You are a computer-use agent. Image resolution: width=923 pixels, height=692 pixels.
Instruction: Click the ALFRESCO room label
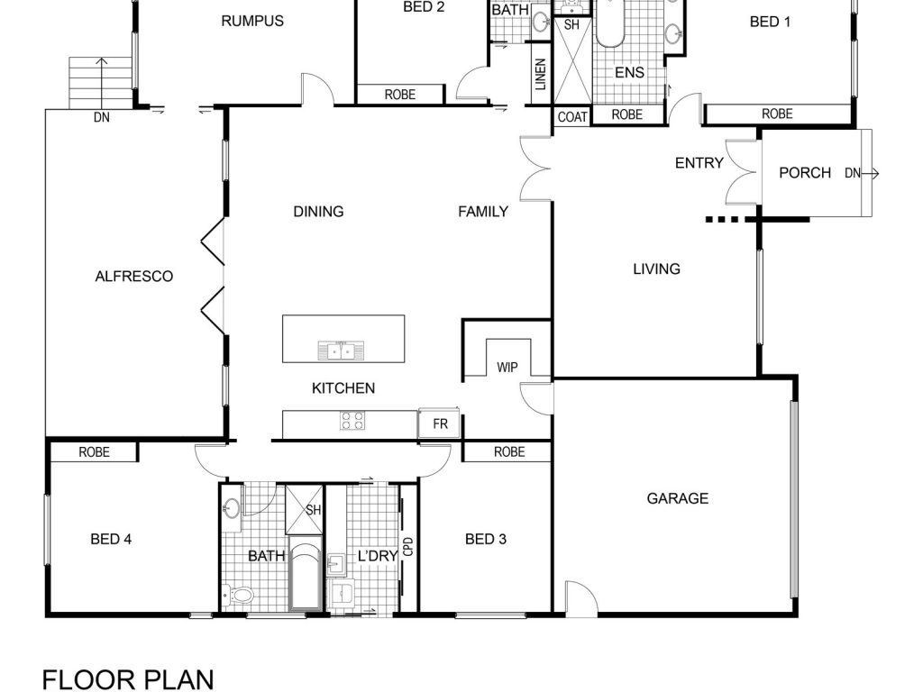(x=134, y=276)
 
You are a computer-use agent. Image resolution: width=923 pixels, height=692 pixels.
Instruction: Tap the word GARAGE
(x=678, y=498)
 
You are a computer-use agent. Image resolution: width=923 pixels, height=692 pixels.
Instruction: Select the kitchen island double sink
(x=341, y=351)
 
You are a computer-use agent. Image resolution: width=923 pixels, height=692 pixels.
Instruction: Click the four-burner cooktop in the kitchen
(x=352, y=421)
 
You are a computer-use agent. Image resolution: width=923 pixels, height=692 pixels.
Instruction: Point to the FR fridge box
(x=439, y=423)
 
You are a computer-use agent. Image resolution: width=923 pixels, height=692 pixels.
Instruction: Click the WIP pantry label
(x=507, y=368)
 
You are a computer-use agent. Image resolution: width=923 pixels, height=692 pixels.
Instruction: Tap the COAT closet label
(x=572, y=116)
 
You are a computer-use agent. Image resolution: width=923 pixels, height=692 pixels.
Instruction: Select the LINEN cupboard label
(x=541, y=74)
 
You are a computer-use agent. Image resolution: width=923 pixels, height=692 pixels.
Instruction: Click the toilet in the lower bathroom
(x=238, y=596)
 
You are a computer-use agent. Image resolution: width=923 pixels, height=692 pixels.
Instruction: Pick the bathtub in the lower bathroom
(x=306, y=575)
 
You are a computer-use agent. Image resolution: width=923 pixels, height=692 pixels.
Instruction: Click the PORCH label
(x=805, y=173)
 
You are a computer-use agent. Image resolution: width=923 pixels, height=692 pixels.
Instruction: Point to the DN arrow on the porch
(x=871, y=173)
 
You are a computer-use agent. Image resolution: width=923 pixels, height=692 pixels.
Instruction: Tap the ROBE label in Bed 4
(x=94, y=452)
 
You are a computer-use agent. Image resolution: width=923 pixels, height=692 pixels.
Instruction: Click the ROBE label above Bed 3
(x=509, y=452)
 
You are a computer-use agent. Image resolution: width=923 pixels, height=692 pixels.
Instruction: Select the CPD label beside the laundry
(x=409, y=547)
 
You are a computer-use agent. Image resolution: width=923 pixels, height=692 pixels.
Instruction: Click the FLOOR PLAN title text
(x=128, y=679)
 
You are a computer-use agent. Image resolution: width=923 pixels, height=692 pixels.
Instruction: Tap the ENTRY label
(x=699, y=162)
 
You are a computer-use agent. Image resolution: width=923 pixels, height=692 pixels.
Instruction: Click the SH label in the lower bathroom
(x=313, y=510)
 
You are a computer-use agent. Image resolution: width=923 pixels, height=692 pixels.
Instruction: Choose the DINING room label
(x=318, y=211)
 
